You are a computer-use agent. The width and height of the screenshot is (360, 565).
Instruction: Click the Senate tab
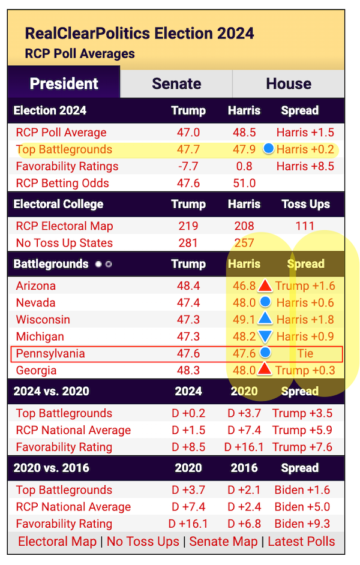pos(176,83)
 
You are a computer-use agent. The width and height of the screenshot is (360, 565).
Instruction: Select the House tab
pos(289,83)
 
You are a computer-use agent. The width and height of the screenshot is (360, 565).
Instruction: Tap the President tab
pos(64,83)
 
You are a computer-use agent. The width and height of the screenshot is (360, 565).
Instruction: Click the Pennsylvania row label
pos(50,353)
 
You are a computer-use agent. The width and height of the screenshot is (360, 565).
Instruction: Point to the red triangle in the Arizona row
pos(265,285)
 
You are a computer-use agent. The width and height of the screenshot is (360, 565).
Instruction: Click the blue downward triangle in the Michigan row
pos(265,336)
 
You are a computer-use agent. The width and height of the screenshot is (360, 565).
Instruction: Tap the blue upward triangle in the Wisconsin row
pos(265,319)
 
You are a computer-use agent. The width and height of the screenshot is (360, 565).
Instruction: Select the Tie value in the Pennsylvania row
pos(305,353)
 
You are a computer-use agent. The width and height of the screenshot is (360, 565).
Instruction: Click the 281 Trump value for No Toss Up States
pos(188,243)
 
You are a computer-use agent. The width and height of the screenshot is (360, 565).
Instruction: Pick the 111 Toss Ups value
pos(305,226)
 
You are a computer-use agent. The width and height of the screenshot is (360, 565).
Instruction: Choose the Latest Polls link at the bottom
pos(301,542)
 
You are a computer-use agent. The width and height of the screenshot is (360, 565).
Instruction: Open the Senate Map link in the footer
pos(223,542)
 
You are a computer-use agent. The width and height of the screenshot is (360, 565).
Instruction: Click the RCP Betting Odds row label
pos(62,183)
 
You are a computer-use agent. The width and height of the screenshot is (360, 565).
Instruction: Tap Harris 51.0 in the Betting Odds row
pos(244,183)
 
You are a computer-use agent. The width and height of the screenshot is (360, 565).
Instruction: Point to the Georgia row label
pos(36,370)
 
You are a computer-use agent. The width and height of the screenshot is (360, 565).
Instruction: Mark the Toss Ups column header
pos(306,204)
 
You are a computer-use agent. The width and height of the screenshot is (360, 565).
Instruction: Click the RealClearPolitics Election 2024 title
pos(139,33)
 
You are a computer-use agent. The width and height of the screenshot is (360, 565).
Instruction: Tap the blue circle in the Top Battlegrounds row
pos(268,148)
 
